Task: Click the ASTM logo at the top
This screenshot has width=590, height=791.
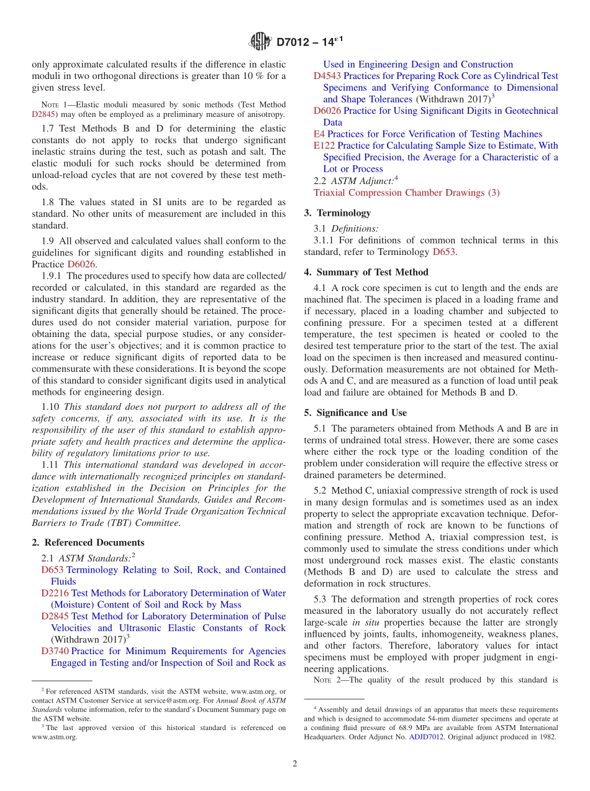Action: pyautogui.click(x=260, y=42)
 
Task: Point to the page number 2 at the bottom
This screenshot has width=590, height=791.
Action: pyautogui.click(x=295, y=764)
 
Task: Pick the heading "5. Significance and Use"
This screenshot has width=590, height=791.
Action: pyautogui.click(x=355, y=412)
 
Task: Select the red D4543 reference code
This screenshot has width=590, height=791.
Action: pyautogui.click(x=327, y=76)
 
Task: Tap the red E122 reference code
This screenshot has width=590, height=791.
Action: pyautogui.click(x=324, y=146)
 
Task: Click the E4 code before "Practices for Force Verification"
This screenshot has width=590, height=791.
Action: pyautogui.click(x=319, y=134)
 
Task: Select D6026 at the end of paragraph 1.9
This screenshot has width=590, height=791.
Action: pyautogui.click(x=81, y=264)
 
